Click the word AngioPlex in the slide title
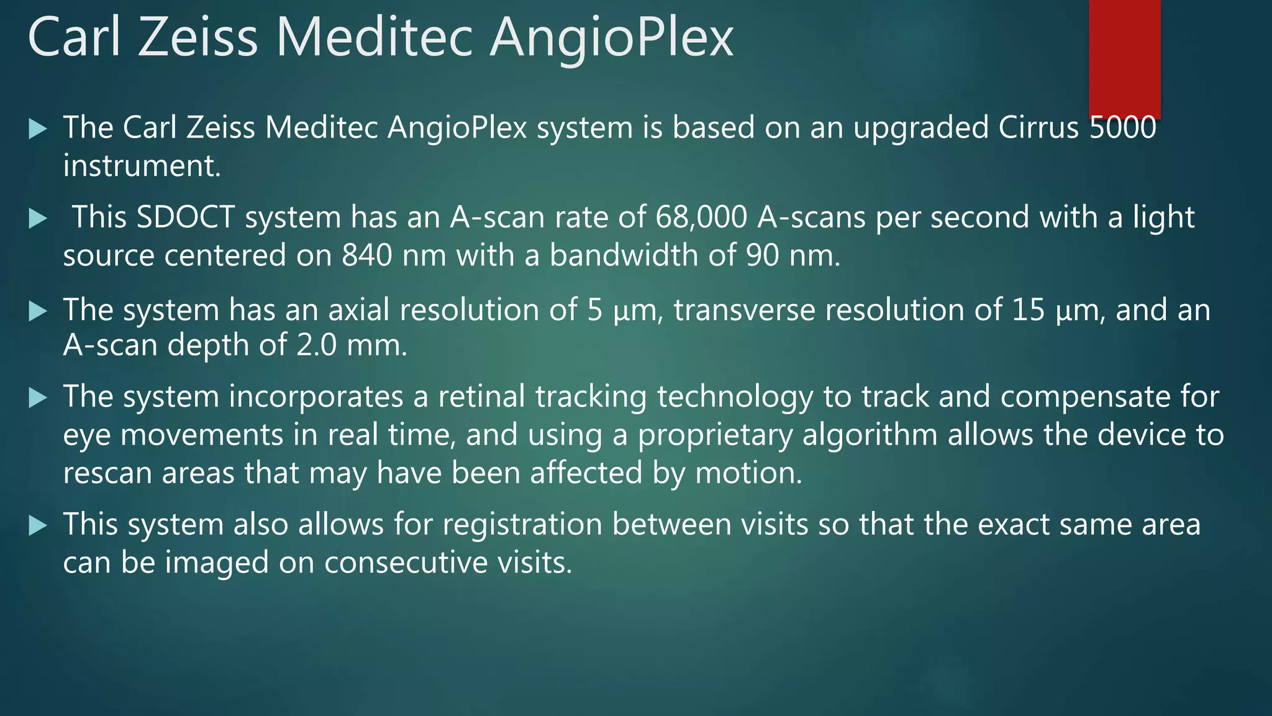click(612, 39)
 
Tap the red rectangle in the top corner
click(1124, 59)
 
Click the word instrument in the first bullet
click(142, 166)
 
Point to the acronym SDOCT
click(185, 218)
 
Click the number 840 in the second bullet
click(367, 255)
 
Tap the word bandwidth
click(629, 255)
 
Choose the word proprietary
click(715, 435)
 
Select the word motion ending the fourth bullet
click(748, 473)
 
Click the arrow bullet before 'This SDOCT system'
click(38, 219)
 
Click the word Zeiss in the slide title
click(198, 39)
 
